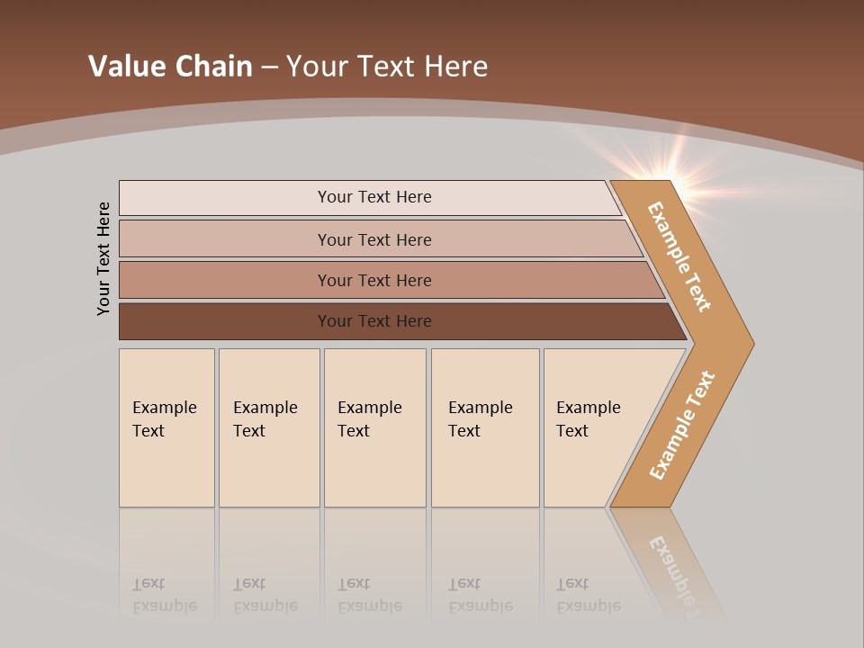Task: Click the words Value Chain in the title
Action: [170, 67]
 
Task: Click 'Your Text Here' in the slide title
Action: [387, 67]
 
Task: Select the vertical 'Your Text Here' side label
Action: [104, 258]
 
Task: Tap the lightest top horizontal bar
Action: [373, 197]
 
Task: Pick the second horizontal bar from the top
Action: [373, 239]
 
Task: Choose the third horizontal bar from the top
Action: [373, 280]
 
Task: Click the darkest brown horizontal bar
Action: [373, 321]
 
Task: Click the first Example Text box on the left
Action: [166, 427]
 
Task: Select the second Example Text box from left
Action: [268, 427]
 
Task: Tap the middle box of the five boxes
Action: [374, 427]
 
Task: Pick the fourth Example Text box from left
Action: [484, 427]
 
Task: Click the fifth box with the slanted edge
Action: [594, 427]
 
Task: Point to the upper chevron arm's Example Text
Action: [679, 256]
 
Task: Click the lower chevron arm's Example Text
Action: [681, 425]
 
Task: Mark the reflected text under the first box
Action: [165, 595]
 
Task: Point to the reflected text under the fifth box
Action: [589, 595]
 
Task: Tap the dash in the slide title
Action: [269, 67]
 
